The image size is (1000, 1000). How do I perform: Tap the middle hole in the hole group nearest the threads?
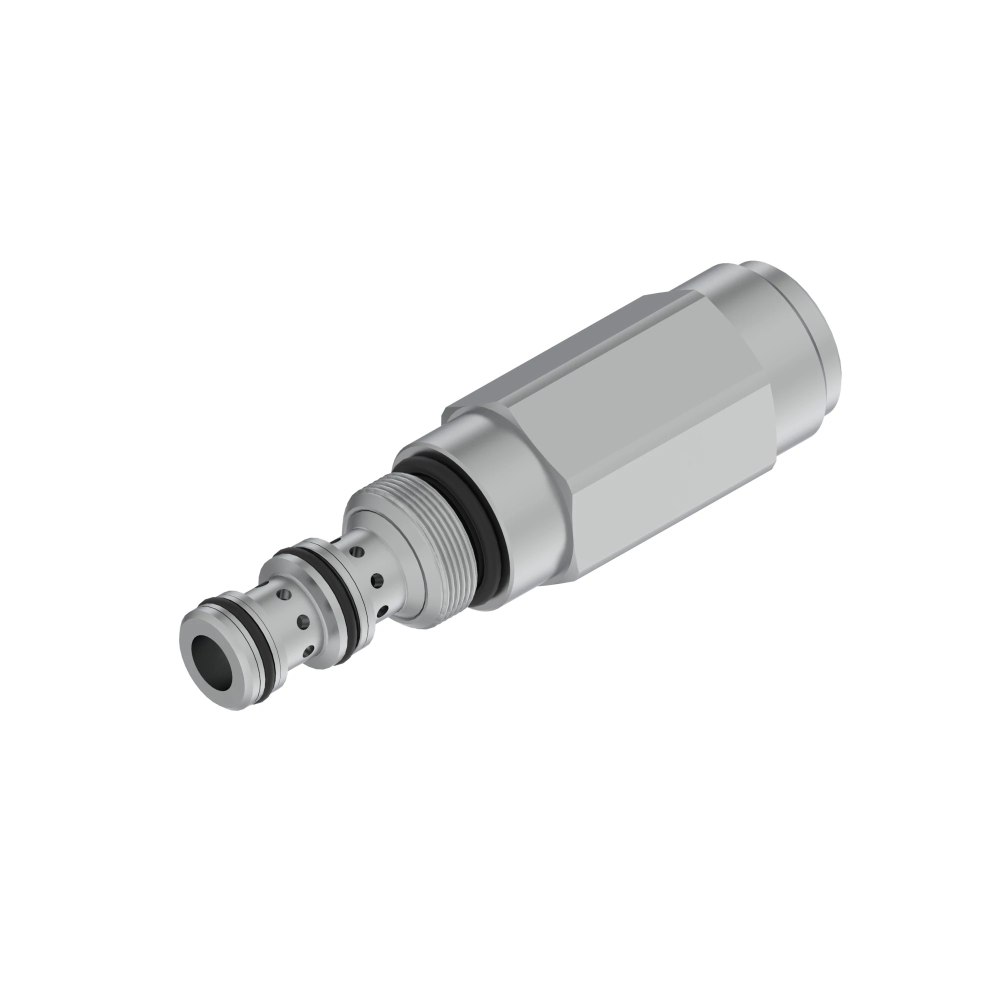(377, 580)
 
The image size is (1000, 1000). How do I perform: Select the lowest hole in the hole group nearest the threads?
(382, 611)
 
